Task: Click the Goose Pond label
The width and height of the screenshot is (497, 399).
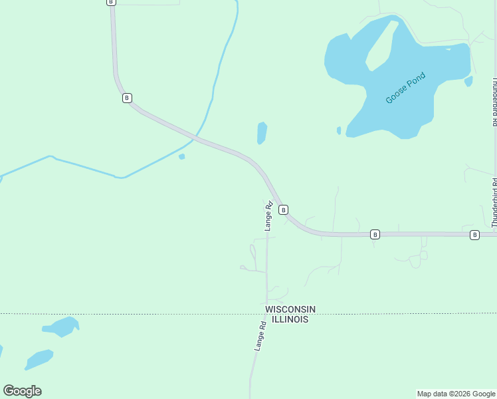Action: click(x=405, y=88)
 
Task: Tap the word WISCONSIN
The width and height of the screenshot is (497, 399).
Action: click(x=290, y=309)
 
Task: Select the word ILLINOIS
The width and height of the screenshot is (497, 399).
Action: click(x=287, y=319)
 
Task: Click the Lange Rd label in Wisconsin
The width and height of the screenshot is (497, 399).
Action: click(x=269, y=216)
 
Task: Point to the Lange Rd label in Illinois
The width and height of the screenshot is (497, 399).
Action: click(x=260, y=336)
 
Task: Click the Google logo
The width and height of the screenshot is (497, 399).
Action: click(x=22, y=391)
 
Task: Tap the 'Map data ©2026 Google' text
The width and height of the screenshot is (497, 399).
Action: click(x=456, y=394)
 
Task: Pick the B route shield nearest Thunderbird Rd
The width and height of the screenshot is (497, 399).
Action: click(x=474, y=235)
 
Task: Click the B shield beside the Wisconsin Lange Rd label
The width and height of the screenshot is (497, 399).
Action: click(x=283, y=209)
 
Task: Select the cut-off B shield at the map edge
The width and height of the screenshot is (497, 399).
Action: click(x=110, y=2)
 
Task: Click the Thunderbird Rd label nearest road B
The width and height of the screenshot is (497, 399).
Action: click(x=494, y=203)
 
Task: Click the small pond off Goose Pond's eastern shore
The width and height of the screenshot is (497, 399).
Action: click(x=468, y=81)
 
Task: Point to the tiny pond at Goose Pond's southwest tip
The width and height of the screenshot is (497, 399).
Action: click(x=339, y=130)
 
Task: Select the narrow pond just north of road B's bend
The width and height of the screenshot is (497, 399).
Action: click(x=262, y=133)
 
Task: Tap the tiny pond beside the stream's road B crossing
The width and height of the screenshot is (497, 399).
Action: click(x=181, y=157)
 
